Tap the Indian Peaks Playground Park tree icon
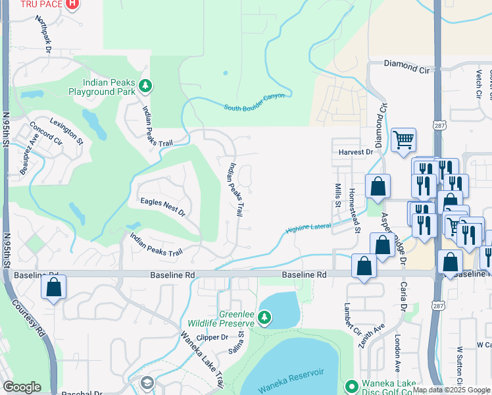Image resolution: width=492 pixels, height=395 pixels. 145,86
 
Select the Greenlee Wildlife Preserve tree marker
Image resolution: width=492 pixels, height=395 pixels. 264,318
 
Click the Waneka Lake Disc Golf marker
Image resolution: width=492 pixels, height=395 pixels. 351,386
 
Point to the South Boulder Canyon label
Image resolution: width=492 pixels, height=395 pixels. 254,101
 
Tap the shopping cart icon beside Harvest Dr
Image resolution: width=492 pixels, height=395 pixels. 403,139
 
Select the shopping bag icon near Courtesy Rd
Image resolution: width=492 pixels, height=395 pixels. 53,287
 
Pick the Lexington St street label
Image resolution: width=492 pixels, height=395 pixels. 70,132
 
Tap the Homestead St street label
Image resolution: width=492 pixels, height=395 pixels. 355,210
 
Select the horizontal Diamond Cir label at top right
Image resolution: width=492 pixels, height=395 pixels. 410,66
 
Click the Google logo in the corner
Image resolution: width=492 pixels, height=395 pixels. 22,387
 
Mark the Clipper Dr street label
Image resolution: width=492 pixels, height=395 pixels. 212,337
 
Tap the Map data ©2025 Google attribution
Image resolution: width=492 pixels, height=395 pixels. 452,390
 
